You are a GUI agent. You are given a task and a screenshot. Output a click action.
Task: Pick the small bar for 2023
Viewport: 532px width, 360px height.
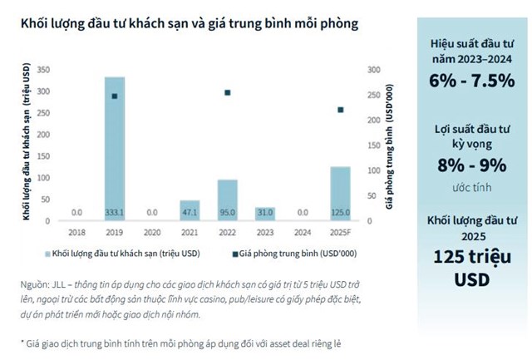point(265,213)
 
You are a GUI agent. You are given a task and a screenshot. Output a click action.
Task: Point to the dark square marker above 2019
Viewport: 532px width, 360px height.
point(115,96)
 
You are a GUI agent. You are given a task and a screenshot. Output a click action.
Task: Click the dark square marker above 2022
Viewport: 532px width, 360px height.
point(228,92)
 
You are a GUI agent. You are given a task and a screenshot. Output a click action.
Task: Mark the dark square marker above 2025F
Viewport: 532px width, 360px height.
point(340,110)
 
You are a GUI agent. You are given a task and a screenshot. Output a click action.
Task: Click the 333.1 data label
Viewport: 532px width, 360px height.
point(115,213)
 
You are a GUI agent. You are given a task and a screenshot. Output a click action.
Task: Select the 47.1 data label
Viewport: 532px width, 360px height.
point(190,213)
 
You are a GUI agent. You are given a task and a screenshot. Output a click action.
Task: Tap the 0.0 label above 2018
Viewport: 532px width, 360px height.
point(77,213)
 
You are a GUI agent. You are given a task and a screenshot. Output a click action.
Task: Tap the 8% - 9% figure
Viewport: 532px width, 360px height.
point(471,164)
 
